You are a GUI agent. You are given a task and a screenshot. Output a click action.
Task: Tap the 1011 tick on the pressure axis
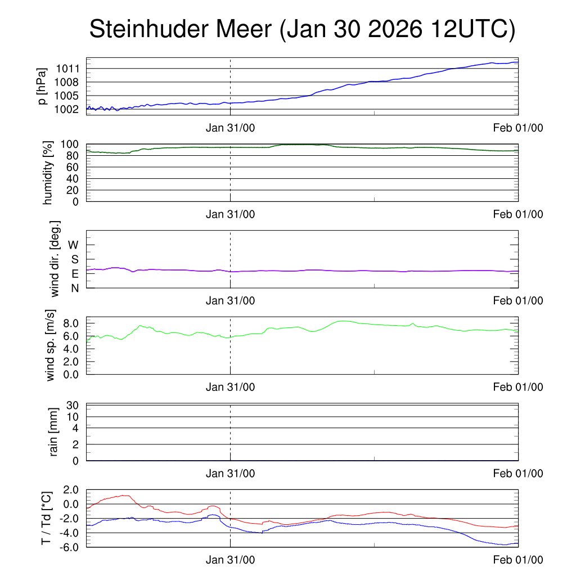click(x=67, y=69)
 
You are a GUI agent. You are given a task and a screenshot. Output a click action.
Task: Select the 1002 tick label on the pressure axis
click(x=67, y=109)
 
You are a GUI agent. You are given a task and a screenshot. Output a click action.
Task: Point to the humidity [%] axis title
click(x=48, y=173)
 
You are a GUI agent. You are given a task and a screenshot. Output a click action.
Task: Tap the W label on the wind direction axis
click(x=73, y=245)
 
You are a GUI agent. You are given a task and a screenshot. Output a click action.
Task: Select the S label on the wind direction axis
click(x=74, y=259)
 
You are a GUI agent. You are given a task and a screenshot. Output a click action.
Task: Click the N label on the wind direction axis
click(x=74, y=288)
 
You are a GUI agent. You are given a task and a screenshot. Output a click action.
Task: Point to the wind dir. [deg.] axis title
click(x=55, y=259)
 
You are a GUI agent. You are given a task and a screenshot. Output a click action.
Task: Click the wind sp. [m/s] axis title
click(x=51, y=345)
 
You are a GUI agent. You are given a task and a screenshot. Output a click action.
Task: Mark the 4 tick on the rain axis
click(x=76, y=428)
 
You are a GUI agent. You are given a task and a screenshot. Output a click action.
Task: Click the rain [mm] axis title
click(x=55, y=431)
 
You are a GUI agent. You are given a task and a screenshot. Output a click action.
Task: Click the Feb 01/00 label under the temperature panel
click(x=518, y=560)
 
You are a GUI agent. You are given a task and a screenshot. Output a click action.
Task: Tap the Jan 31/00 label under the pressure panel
click(x=230, y=128)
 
